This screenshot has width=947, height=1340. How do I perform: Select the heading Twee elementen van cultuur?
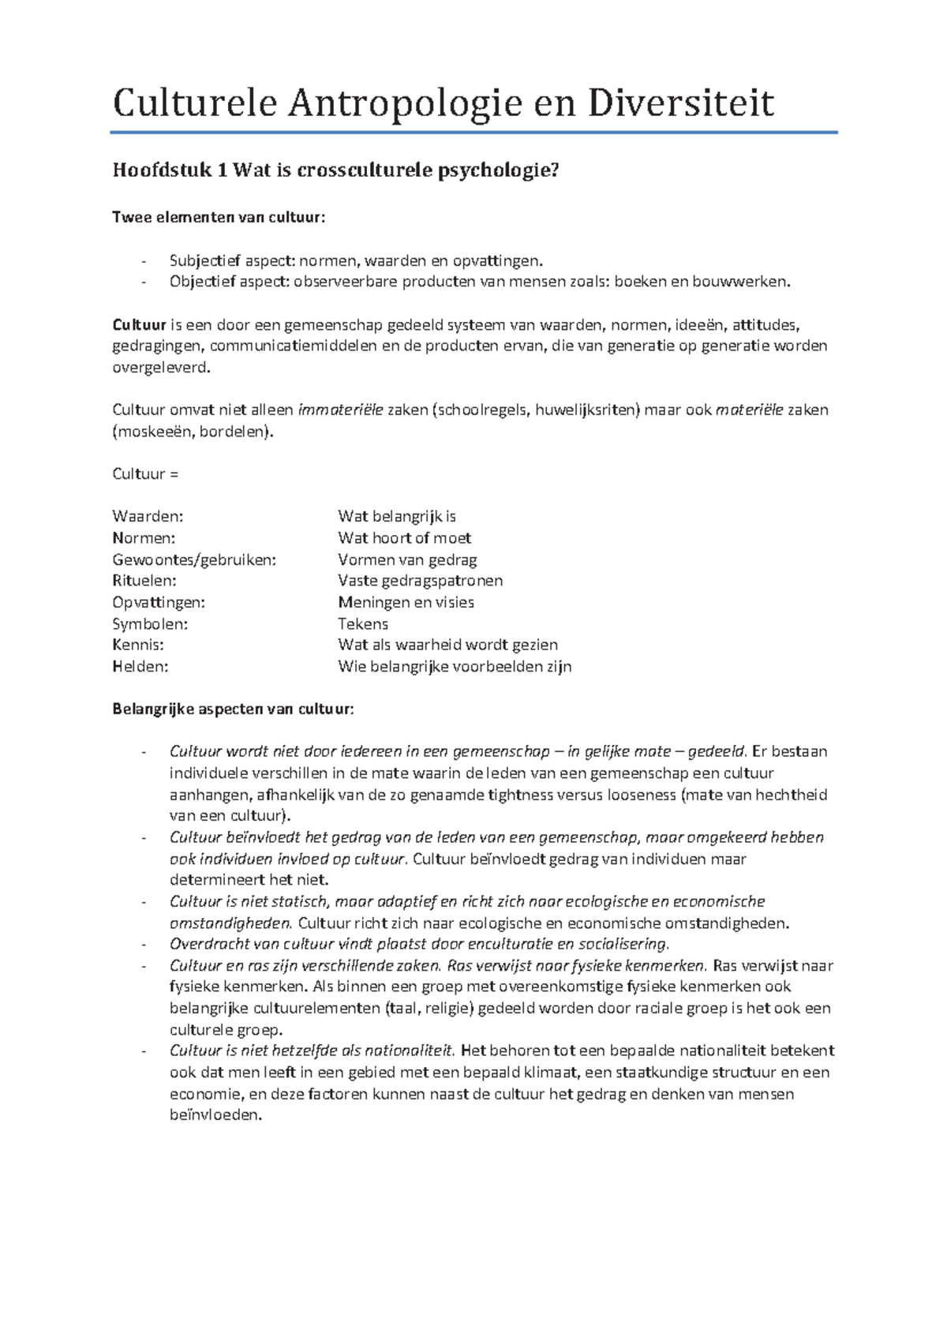click(219, 218)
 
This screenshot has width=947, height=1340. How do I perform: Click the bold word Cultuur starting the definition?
click(139, 324)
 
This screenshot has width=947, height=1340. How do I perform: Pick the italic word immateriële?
click(340, 410)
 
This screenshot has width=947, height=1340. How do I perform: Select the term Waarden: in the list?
click(148, 516)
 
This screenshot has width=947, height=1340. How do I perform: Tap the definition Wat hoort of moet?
click(404, 538)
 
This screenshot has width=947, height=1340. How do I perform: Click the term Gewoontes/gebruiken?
click(194, 560)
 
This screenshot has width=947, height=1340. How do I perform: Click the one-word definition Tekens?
click(363, 623)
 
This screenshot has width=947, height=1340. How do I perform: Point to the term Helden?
click(140, 666)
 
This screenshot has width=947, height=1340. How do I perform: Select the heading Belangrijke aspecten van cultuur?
click(233, 709)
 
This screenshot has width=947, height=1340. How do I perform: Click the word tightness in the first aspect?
click(521, 795)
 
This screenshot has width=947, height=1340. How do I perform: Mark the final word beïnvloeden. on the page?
click(215, 1115)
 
